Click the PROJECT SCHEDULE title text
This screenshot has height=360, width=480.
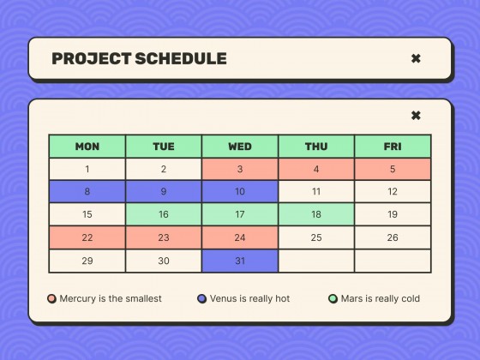[x=139, y=59]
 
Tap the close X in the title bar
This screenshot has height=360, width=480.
[x=416, y=59]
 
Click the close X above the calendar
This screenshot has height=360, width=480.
[x=416, y=116]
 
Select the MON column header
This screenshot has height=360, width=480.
[x=87, y=147]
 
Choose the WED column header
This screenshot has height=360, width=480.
[x=240, y=147]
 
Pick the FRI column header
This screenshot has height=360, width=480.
[x=393, y=147]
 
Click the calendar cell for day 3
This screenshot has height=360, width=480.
[x=240, y=170]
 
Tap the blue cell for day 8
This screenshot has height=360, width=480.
[x=87, y=192]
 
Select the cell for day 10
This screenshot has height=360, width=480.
[x=240, y=192]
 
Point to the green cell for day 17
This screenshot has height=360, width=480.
[x=240, y=215]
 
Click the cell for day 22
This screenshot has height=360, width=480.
[x=87, y=238]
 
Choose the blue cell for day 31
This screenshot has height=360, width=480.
[x=240, y=261]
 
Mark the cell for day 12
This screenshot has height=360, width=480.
[x=393, y=192]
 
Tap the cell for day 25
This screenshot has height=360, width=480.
[x=316, y=238]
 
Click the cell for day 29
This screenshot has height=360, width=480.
[x=87, y=261]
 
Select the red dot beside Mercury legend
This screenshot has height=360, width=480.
[x=52, y=298]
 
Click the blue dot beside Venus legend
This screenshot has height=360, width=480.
[x=202, y=298]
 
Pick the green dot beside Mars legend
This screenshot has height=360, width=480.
[x=333, y=298]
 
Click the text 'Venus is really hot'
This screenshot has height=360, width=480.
[x=249, y=298]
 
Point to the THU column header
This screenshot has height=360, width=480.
[x=316, y=147]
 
